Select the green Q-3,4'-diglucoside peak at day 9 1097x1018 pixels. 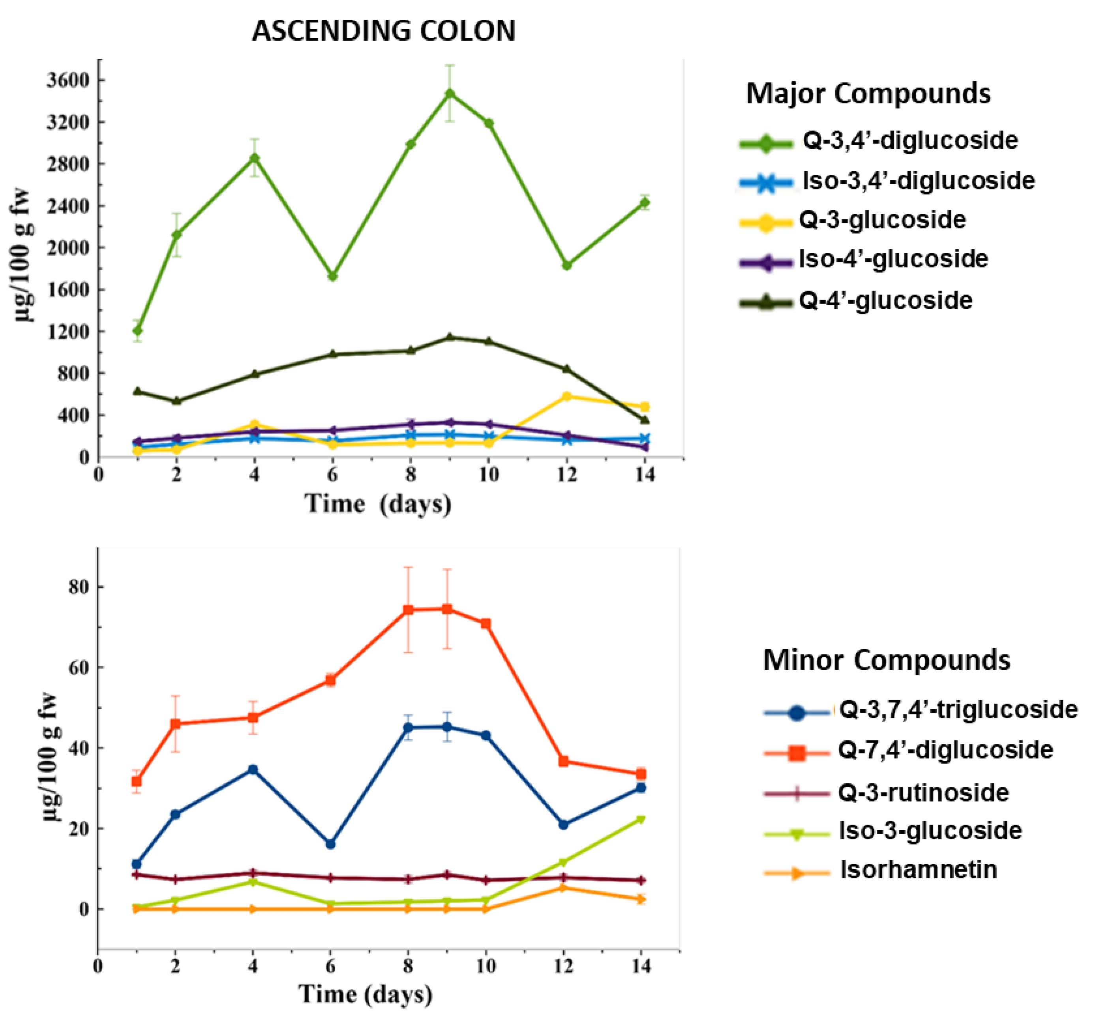tap(450, 94)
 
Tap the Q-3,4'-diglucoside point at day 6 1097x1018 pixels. tap(332, 276)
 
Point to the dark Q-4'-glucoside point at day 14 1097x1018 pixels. tap(645, 420)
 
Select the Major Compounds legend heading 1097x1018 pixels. tap(868, 94)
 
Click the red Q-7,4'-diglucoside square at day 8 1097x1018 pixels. tap(408, 610)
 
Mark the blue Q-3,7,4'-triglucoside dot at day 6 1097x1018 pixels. tap(330, 844)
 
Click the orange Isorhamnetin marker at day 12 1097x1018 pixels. tap(563, 888)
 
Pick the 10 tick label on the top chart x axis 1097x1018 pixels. tap(488, 475)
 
